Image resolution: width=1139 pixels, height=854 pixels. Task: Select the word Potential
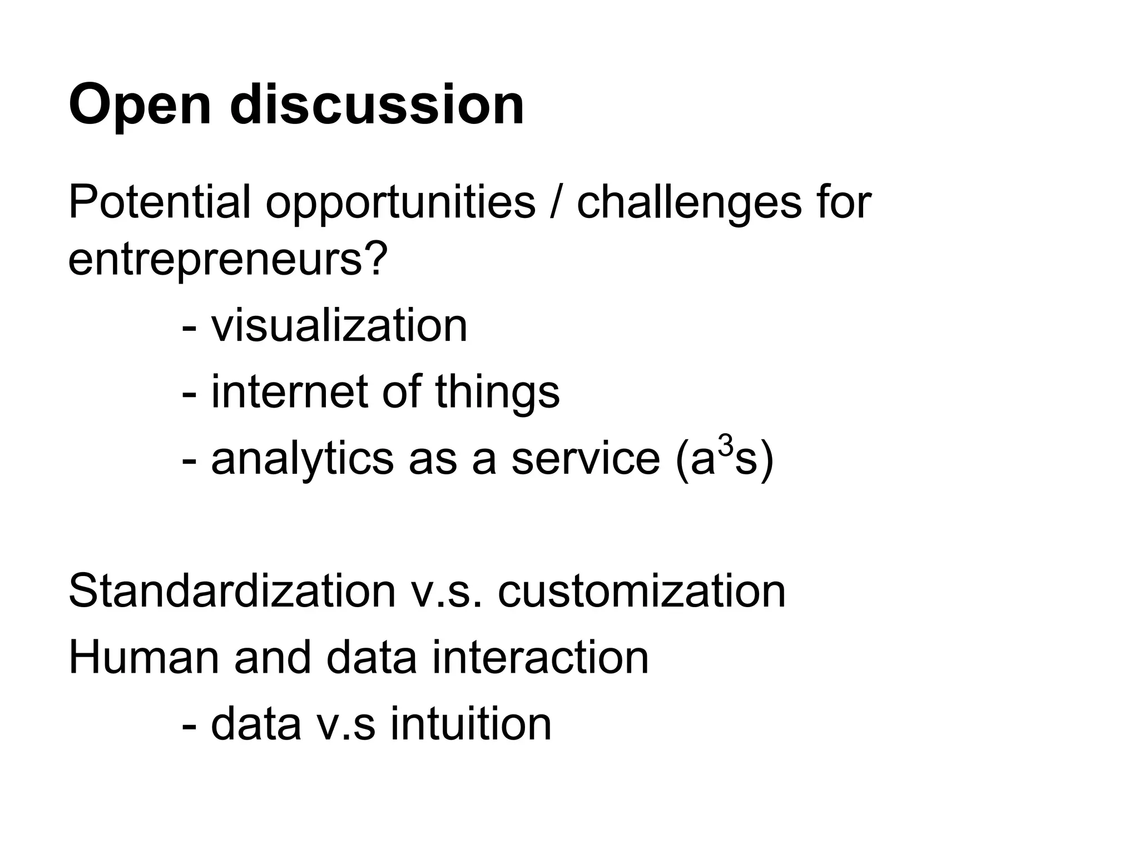click(159, 202)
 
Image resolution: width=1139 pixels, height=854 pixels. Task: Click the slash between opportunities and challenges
click(556, 202)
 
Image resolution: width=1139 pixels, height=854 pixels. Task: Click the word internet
click(289, 391)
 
